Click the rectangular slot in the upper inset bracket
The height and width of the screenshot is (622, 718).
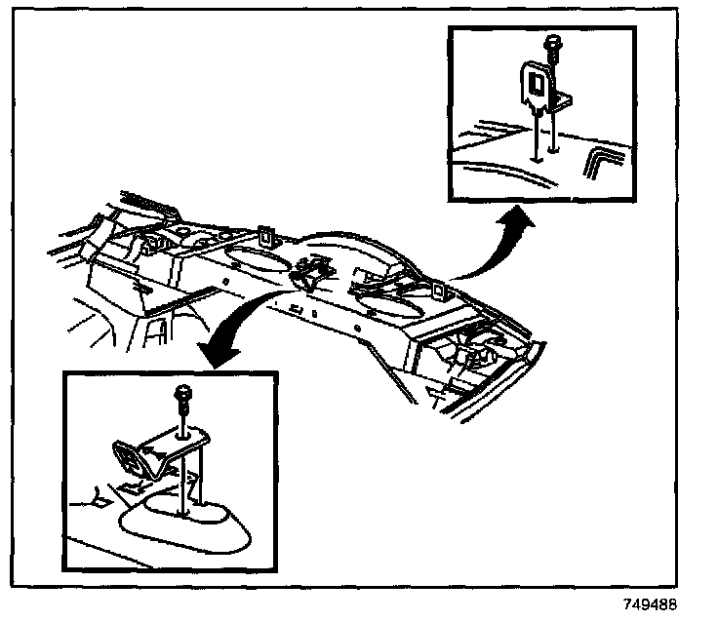coord(534,77)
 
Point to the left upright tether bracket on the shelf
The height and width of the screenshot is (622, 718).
coord(266,237)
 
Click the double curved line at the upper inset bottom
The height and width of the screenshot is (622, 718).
coord(507,172)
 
